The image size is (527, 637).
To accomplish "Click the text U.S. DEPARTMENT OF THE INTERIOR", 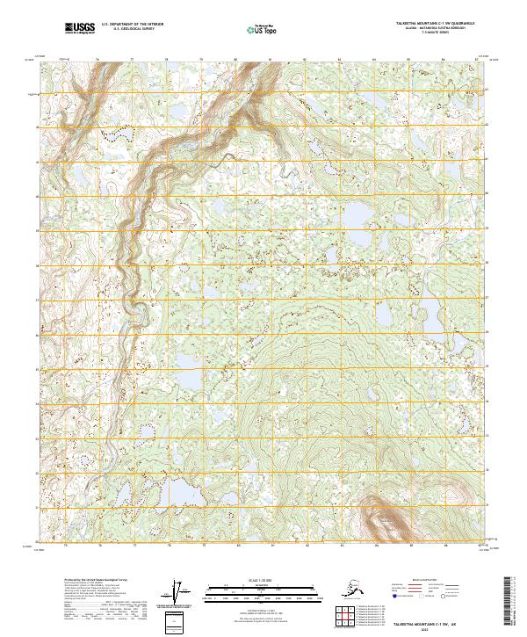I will pos(132,26).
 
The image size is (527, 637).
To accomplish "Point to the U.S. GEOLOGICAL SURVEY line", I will pos(132,32).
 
